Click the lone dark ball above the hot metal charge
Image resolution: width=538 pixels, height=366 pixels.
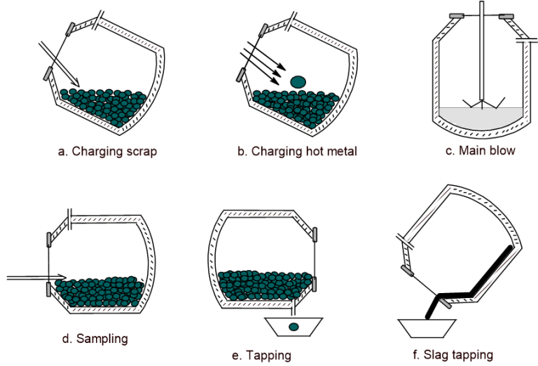coord(299,81)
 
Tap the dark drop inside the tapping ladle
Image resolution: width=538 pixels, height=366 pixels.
coord(294,327)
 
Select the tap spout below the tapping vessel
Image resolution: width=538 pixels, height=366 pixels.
coord(297,307)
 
